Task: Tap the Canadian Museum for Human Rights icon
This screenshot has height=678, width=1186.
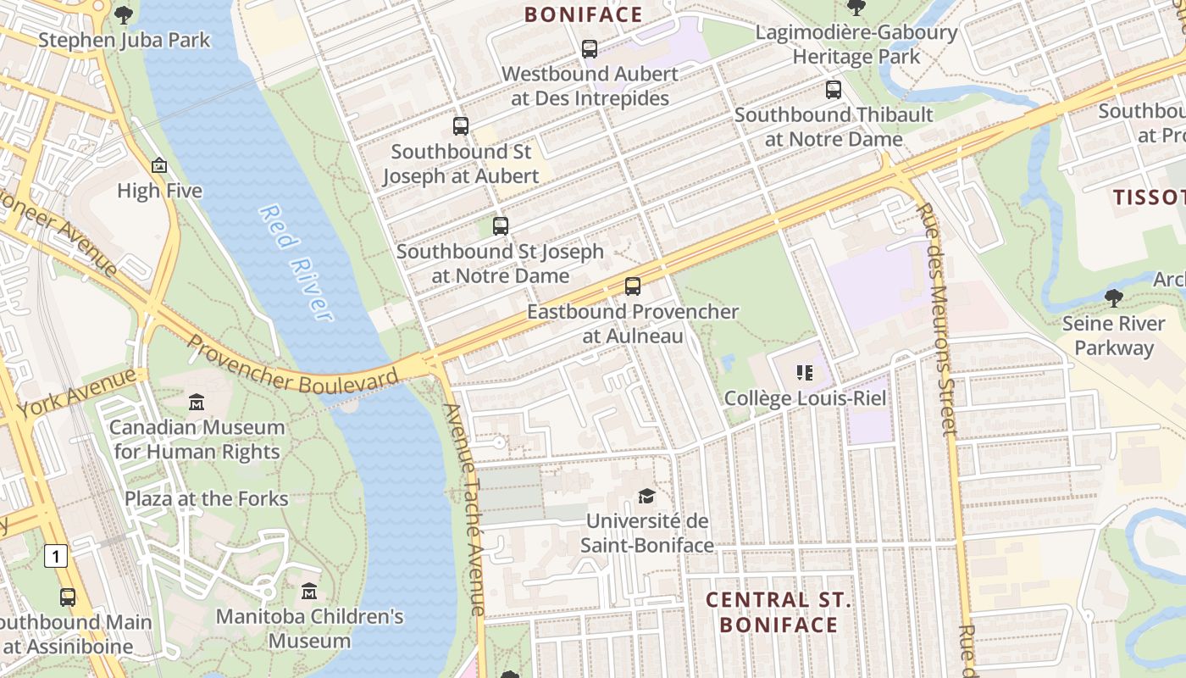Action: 197,402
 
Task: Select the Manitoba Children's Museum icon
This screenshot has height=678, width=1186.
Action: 309,591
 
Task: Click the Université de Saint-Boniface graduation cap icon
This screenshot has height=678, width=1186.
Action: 646,496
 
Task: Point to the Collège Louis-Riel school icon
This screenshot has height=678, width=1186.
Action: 804,372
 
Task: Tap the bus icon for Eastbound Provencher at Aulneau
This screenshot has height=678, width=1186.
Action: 632,286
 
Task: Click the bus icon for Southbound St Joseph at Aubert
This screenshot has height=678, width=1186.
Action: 460,126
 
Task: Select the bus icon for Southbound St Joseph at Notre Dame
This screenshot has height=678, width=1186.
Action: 500,226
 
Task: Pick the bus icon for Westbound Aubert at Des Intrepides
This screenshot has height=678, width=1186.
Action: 590,49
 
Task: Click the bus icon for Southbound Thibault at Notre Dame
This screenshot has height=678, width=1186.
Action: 834,89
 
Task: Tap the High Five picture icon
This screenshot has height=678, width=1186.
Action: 159,166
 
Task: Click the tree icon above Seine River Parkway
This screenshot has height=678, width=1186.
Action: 1113,297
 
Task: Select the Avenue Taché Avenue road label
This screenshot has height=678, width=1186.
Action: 465,508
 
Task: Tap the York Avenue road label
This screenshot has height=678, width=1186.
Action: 76,392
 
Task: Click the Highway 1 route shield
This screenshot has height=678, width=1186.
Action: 55,556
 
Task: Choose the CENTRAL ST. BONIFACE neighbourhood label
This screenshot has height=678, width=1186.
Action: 779,612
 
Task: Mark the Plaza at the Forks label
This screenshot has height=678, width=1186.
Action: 206,498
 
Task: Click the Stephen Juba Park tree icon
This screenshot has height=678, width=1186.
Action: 124,14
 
